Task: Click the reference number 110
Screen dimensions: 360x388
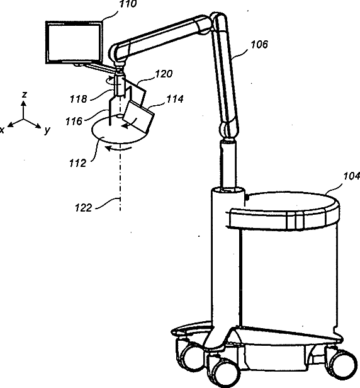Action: click(x=128, y=4)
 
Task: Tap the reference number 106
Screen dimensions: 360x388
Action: click(x=259, y=45)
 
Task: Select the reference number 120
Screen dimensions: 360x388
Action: click(x=164, y=74)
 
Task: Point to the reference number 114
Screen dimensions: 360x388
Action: click(x=175, y=99)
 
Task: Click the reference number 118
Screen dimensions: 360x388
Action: click(x=79, y=100)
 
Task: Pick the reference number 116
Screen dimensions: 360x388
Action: click(x=74, y=121)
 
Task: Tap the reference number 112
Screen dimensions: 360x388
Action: click(x=77, y=163)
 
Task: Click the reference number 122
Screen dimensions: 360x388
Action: click(x=83, y=208)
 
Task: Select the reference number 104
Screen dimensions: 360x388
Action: click(x=352, y=176)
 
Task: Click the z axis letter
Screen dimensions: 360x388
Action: click(x=24, y=94)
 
